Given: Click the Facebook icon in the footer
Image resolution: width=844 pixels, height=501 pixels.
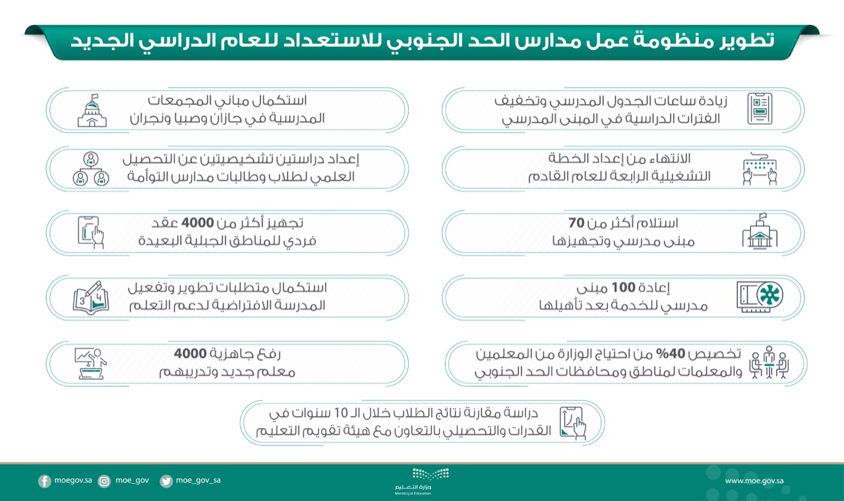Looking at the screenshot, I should (45, 481).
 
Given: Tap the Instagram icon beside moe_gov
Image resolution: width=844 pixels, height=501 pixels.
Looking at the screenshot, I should (104, 481).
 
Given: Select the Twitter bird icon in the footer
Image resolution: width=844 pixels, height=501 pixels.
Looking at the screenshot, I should (166, 481).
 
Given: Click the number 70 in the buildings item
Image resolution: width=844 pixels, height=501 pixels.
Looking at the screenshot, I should (577, 223).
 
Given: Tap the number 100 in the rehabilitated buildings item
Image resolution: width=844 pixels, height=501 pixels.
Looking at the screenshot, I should (622, 287).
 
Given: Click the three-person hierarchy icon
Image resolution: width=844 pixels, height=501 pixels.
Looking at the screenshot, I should (91, 169).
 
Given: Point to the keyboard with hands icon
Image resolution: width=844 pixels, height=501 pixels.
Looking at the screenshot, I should (760, 169).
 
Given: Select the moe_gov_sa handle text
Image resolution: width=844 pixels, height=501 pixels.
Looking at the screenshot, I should (198, 481).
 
